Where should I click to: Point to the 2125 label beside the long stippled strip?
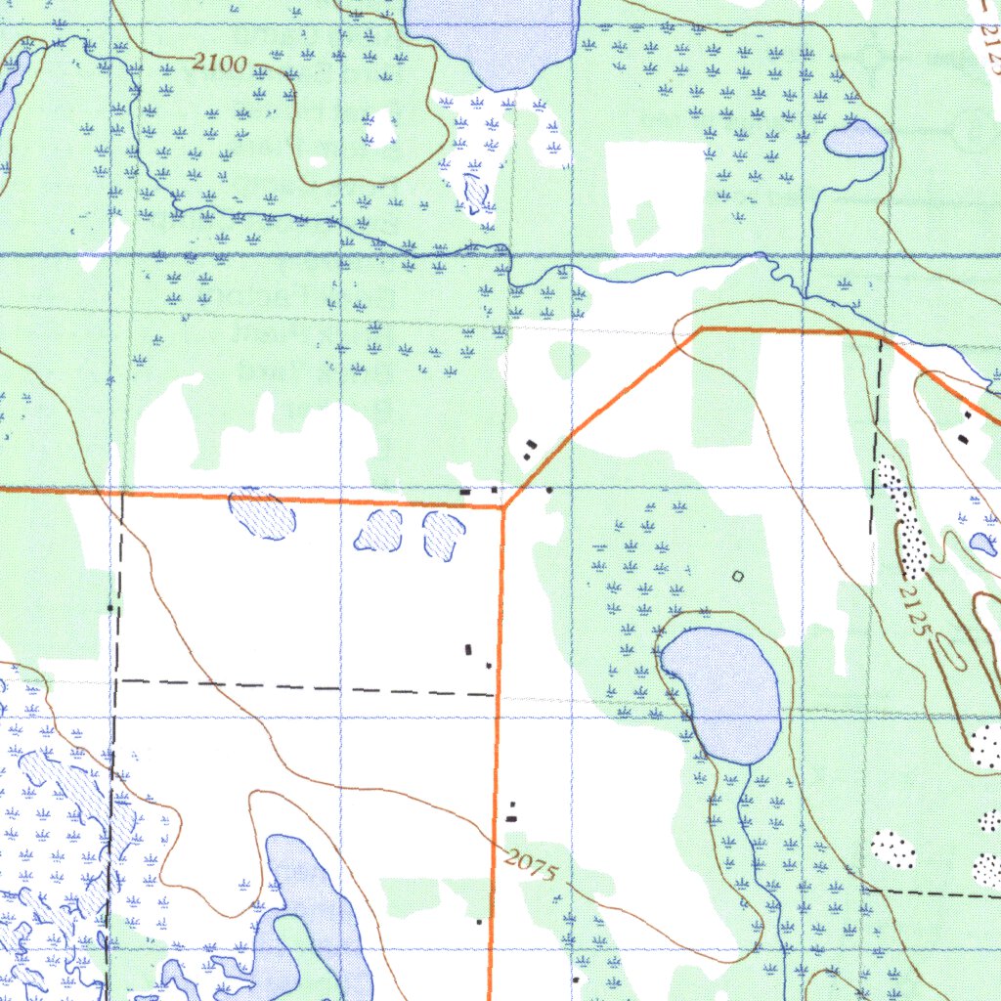913,610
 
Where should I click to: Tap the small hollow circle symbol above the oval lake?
738,577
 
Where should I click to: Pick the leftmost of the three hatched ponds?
261,514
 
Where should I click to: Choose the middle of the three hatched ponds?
379,531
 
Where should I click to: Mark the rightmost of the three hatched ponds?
444,535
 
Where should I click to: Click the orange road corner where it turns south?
503,507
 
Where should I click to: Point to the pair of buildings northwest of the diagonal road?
530,449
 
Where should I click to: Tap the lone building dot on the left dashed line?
110,608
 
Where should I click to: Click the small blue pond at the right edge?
982,544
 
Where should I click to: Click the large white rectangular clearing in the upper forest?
655,196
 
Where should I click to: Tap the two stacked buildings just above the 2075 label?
511,810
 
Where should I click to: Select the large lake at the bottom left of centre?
308,909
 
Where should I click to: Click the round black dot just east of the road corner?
549,489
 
